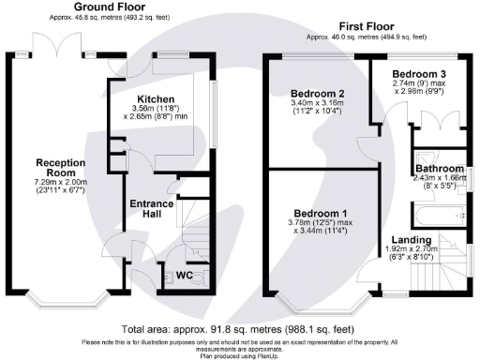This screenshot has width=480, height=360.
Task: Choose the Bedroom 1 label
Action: tap(318, 211)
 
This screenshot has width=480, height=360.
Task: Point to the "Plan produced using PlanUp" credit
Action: tap(240, 355)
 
